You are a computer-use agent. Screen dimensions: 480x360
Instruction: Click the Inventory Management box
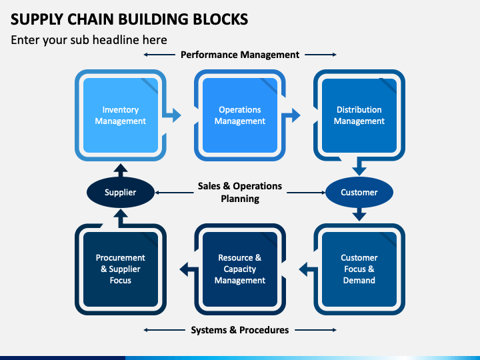pos(121,115)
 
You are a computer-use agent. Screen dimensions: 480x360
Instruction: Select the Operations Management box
pos(240,115)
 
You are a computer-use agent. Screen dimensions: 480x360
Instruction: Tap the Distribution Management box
pos(359,115)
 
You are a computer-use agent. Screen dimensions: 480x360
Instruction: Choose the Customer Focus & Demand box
pos(359,269)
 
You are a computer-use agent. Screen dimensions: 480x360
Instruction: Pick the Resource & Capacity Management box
pos(240,269)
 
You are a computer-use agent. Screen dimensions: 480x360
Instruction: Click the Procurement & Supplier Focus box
pos(121,269)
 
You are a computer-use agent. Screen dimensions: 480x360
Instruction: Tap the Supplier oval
pos(121,192)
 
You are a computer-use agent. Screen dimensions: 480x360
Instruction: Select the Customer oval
pos(359,192)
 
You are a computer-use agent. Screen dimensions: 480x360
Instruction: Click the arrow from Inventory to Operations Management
pos(172,115)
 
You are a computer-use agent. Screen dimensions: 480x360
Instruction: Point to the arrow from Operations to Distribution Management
pos(291,115)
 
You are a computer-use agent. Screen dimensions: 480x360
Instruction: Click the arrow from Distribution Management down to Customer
pos(359,167)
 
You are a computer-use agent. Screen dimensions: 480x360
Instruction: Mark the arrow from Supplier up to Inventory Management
pos(121,170)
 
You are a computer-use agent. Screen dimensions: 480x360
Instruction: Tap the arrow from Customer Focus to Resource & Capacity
pos(309,269)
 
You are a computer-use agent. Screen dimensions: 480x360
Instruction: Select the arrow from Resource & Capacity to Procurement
pos(189,269)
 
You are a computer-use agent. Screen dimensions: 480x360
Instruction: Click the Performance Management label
pos(240,55)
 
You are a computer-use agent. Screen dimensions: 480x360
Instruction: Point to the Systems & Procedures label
pos(240,330)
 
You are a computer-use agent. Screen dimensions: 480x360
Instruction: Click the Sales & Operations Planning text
pos(240,192)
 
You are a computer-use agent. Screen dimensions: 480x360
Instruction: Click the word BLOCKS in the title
pos(221,19)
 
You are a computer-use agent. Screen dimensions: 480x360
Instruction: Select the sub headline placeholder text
pos(89,40)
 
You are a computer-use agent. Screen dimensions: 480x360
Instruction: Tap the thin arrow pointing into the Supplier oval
pos(175,193)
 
